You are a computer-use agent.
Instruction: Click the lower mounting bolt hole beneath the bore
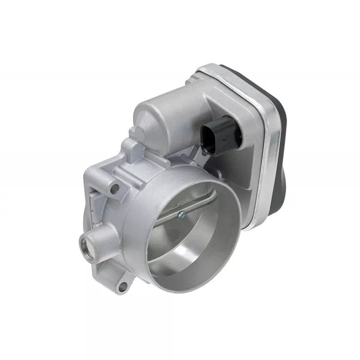[122, 285]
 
